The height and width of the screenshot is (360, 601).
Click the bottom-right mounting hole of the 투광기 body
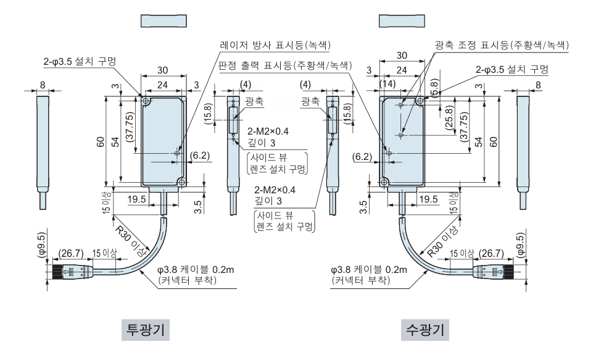point(181,182)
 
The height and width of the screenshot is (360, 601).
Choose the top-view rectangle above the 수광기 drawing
point(402,20)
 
